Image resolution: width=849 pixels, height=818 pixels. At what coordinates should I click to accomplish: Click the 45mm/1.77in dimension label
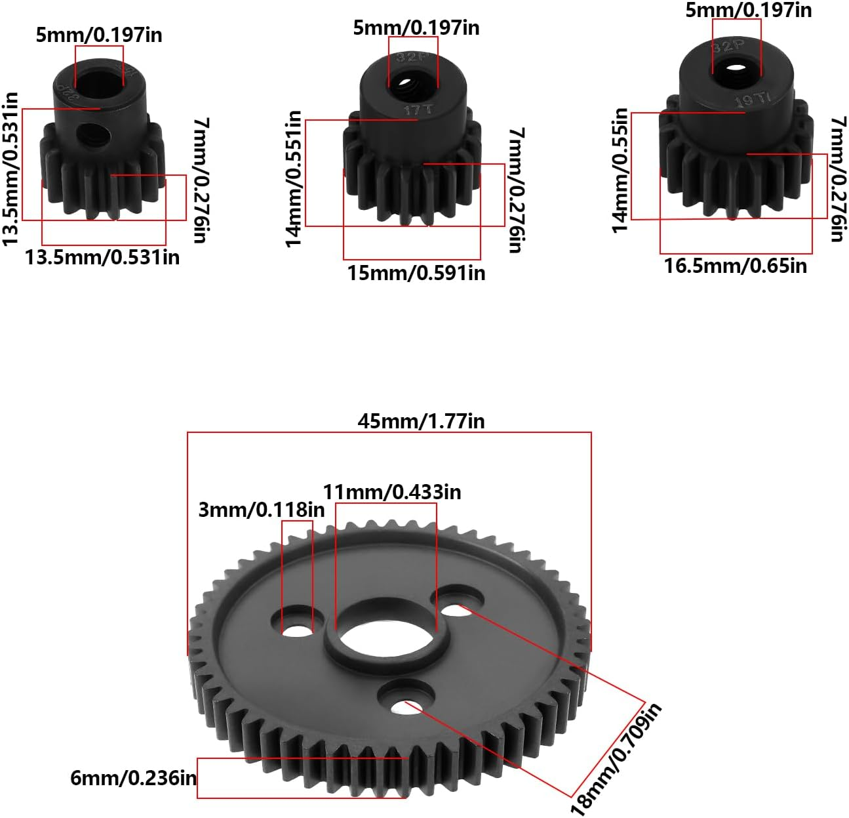[421, 420]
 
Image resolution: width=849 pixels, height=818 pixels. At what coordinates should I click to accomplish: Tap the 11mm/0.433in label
[391, 491]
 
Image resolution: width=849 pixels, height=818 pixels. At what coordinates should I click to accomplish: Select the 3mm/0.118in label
[261, 510]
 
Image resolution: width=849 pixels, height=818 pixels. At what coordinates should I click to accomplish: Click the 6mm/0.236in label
[133, 778]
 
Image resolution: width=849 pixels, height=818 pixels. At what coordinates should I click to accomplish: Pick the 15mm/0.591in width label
[416, 272]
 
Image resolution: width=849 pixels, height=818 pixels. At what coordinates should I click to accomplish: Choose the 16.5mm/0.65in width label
[735, 266]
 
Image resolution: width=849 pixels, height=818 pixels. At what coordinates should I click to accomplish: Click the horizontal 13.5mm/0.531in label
[102, 257]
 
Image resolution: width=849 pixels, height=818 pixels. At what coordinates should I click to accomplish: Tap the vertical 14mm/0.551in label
[294, 179]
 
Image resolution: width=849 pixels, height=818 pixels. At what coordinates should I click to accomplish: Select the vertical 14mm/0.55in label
[620, 171]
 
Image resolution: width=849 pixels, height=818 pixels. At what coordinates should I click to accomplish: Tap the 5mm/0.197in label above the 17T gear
[416, 28]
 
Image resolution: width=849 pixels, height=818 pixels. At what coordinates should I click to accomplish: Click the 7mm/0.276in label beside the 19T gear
[836, 179]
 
